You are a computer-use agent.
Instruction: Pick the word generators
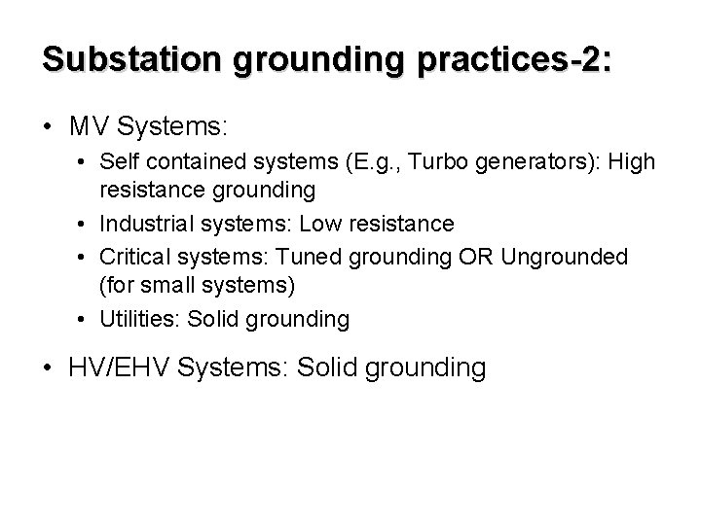coord(534,162)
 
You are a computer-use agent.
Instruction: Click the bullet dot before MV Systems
coord(47,127)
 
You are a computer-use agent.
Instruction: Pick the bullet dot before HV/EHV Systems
coord(47,367)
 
